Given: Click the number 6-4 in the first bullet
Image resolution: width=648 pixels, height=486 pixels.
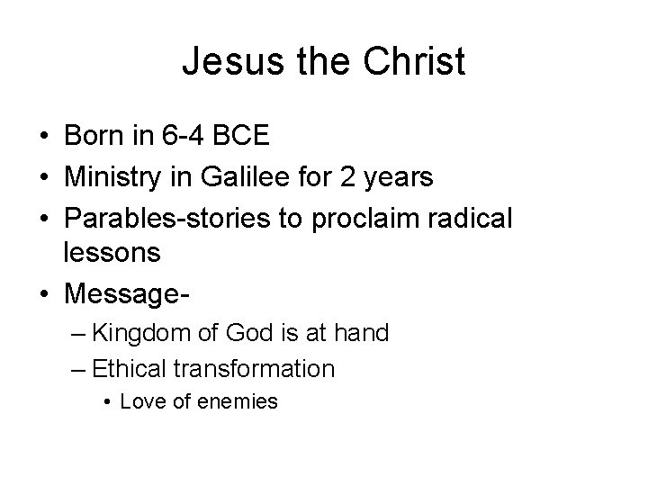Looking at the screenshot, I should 181,138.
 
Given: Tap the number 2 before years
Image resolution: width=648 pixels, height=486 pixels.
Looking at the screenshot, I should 348,177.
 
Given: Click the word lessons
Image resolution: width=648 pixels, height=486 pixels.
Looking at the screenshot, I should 112,254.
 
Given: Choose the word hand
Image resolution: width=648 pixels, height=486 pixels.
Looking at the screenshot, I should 363,334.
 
